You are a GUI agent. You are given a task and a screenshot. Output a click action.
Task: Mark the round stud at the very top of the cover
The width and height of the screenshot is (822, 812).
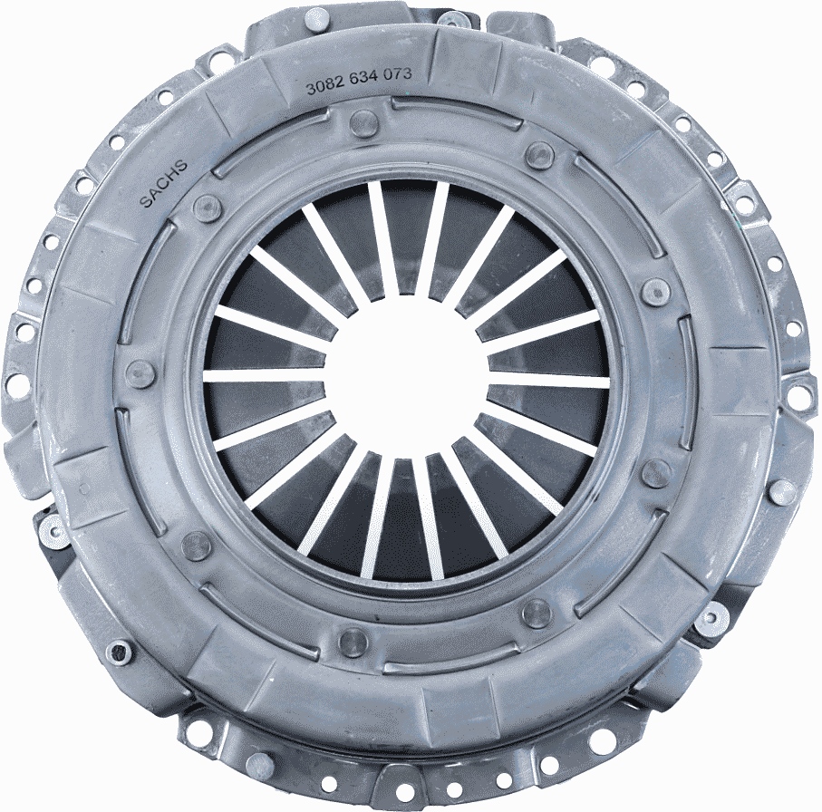click(316, 17)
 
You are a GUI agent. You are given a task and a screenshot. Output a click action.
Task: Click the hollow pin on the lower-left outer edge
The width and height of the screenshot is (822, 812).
click(119, 651)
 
